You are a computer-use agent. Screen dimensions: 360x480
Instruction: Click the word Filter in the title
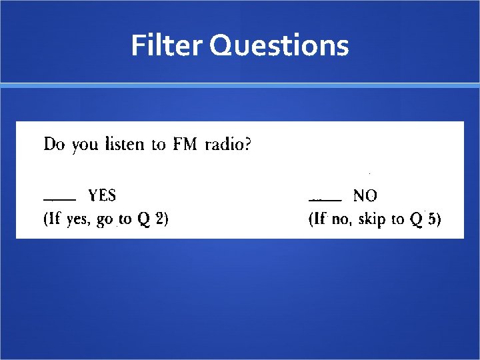167,45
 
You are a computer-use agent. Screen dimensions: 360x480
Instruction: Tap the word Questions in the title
279,46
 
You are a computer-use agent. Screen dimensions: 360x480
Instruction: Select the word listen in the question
125,144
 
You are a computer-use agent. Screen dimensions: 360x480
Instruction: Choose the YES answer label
102,195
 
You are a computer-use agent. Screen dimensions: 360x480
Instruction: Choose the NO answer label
365,195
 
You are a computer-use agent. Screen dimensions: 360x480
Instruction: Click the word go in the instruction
105,220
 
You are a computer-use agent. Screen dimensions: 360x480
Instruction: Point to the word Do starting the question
54,144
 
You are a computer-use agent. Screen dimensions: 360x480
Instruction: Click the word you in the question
84,145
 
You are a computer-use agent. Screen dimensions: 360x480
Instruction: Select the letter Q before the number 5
416,219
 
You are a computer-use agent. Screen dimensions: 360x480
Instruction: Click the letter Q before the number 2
143,219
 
